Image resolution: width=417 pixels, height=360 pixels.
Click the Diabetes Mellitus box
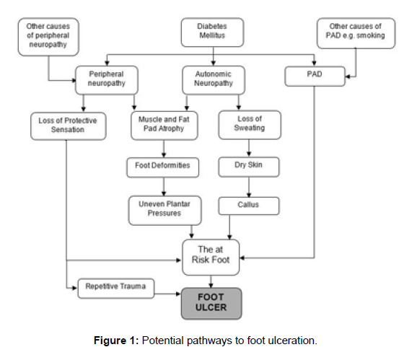coord(212,32)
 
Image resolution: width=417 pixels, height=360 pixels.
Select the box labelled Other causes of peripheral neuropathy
coord(48,37)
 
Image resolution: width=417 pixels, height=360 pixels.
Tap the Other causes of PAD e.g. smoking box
coord(356,33)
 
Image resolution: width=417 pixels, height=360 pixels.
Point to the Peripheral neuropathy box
coord(107,80)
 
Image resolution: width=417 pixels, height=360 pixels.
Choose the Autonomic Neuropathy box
coord(214,80)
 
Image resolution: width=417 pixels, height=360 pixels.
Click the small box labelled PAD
coord(315,76)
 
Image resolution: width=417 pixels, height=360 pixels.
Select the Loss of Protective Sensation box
coord(69,126)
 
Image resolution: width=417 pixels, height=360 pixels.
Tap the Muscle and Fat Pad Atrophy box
coord(164,126)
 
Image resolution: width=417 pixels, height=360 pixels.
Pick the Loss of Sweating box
coord(250,125)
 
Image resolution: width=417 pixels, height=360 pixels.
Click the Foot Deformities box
coord(163,167)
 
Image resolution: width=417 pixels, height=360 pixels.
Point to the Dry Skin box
coord(249,167)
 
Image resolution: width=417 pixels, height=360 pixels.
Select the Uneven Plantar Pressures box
coord(165,211)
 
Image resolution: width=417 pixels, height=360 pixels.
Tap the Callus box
coord(249,206)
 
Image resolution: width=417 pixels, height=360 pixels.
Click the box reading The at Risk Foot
coord(211,257)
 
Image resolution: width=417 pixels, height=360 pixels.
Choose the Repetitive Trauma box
coord(116,289)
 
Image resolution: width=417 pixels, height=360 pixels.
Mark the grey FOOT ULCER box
coord(211,304)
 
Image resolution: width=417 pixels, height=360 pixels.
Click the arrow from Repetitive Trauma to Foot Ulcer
coord(167,294)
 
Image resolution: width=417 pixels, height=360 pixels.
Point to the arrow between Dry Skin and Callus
coord(249,187)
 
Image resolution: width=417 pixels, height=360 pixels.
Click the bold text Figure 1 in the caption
coord(116,341)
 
